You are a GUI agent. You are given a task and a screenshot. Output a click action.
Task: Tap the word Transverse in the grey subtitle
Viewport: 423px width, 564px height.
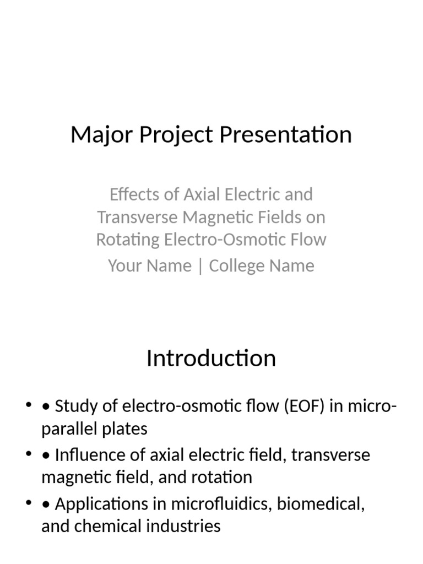[138, 217]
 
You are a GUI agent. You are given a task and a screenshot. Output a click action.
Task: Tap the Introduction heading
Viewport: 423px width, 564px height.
[211, 359]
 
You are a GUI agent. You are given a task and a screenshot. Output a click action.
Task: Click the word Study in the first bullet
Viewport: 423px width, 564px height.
[77, 407]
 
